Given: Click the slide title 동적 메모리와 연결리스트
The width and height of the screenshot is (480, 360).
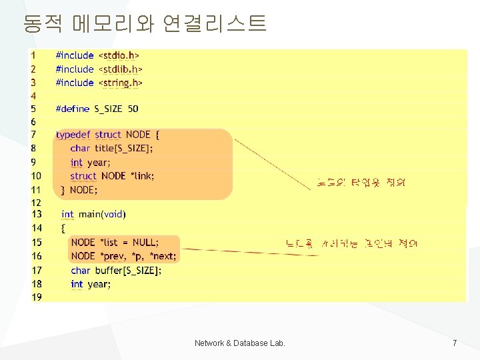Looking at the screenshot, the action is click(145, 24).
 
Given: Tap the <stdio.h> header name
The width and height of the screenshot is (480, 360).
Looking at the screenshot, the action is click(119, 55).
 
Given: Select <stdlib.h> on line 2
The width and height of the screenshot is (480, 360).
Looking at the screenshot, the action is click(121, 69).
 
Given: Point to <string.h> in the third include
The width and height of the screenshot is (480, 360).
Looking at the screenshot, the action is click(121, 83).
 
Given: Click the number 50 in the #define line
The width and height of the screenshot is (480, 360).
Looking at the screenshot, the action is click(133, 109).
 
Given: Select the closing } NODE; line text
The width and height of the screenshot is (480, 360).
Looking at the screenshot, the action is click(79, 190).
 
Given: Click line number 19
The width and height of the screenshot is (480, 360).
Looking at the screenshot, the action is click(36, 297).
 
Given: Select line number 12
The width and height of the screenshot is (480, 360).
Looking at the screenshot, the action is click(36, 202).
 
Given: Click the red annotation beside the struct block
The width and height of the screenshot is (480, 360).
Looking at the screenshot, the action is click(362, 182).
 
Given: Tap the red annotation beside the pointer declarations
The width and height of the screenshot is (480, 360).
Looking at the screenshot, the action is click(351, 244).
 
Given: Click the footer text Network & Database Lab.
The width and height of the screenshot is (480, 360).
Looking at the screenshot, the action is click(240, 343).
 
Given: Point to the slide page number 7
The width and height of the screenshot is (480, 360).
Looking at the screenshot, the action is click(455, 343).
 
